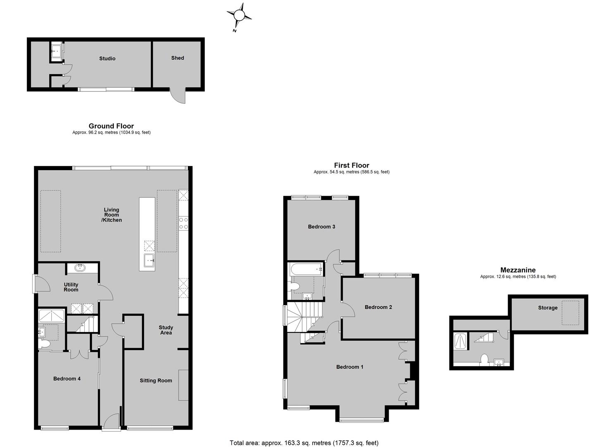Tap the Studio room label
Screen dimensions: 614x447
107,58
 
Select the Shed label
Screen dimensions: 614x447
178,58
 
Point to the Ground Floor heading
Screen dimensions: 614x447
111,126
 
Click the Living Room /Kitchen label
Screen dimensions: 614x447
112,215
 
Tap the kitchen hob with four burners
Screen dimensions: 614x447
184,223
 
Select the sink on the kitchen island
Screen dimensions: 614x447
149,260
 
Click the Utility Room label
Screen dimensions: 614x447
71,287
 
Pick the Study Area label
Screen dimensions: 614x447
166,330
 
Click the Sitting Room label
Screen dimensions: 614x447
156,381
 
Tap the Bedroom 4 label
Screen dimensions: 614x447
67,379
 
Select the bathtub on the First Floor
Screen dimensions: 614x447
306,269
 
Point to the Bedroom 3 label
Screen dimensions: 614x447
322,227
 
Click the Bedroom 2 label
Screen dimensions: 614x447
378,307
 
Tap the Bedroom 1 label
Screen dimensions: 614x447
350,367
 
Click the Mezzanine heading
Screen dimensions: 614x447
518,270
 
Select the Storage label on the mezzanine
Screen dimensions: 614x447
548,308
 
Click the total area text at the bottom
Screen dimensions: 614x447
304,435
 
